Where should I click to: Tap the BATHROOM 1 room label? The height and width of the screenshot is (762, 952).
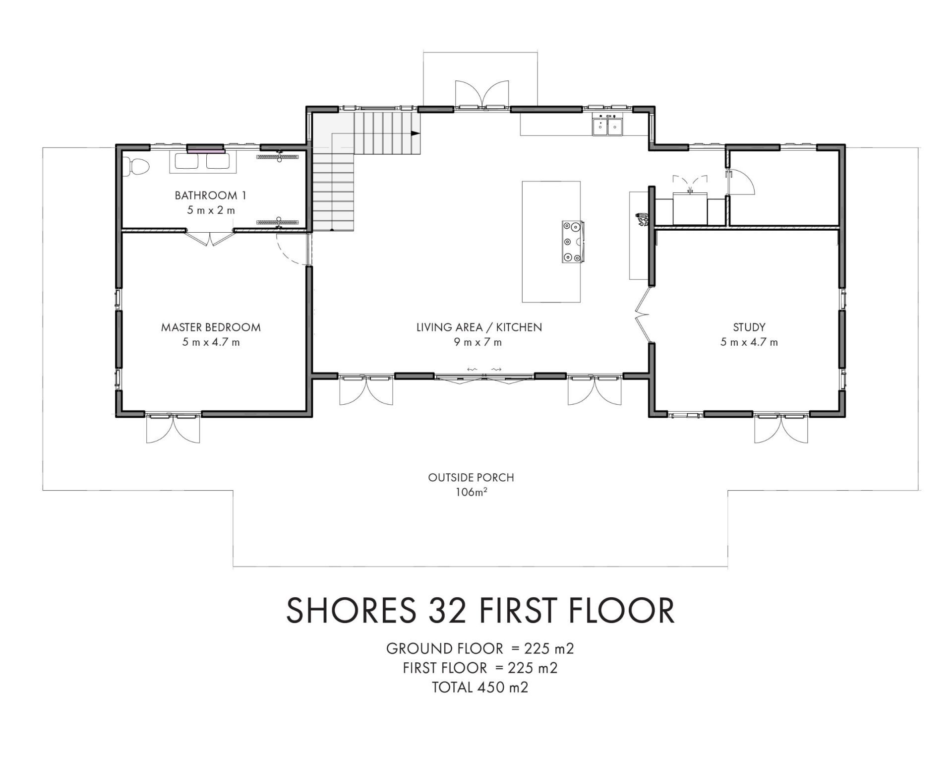tap(211, 195)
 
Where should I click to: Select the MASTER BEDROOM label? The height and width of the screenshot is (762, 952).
tap(211, 327)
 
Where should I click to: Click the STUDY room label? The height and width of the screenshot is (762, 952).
tap(749, 327)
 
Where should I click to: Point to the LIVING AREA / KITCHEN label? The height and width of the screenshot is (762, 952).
tap(479, 327)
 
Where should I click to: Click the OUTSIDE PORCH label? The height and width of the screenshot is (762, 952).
tap(471, 478)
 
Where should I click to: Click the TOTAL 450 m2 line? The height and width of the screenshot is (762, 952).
tap(480, 687)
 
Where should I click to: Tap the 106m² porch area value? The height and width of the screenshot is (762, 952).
tap(471, 493)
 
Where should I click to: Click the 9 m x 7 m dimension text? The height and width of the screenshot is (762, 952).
tap(478, 342)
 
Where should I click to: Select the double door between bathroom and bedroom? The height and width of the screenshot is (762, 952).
tap(210, 238)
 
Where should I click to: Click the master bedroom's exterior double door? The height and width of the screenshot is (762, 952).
tap(173, 428)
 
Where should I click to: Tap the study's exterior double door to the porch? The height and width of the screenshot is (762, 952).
tap(781, 428)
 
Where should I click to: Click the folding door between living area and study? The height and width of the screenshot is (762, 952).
tap(643, 315)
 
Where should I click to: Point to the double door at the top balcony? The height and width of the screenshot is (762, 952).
tap(481, 94)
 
